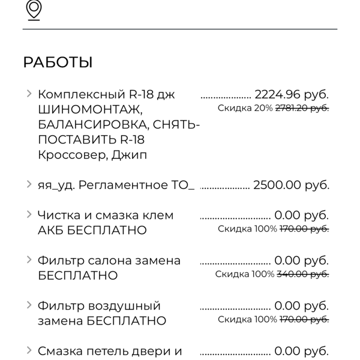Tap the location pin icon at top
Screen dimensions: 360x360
coord(35,10)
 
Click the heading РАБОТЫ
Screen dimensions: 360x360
coord(58,62)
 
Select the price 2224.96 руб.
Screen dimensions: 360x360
coord(292,94)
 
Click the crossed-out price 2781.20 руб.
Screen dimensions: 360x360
coord(302,109)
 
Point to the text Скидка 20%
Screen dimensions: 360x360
coord(245,109)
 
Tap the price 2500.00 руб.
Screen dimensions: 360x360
coord(291,185)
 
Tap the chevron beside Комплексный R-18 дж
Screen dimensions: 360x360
coord(28,94)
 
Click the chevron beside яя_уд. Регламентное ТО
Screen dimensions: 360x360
coord(28,184)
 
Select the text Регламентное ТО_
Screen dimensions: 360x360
coord(136,185)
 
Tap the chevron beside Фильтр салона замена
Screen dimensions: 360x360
coord(28,260)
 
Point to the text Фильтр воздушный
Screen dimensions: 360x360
coord(99,306)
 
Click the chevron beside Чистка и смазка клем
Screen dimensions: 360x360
coord(28,214)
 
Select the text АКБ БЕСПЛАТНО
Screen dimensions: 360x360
coord(92,230)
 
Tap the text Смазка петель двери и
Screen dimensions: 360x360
coord(110,351)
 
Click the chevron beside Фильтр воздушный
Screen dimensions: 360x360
coord(28,305)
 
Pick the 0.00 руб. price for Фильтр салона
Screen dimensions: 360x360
coord(301,260)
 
